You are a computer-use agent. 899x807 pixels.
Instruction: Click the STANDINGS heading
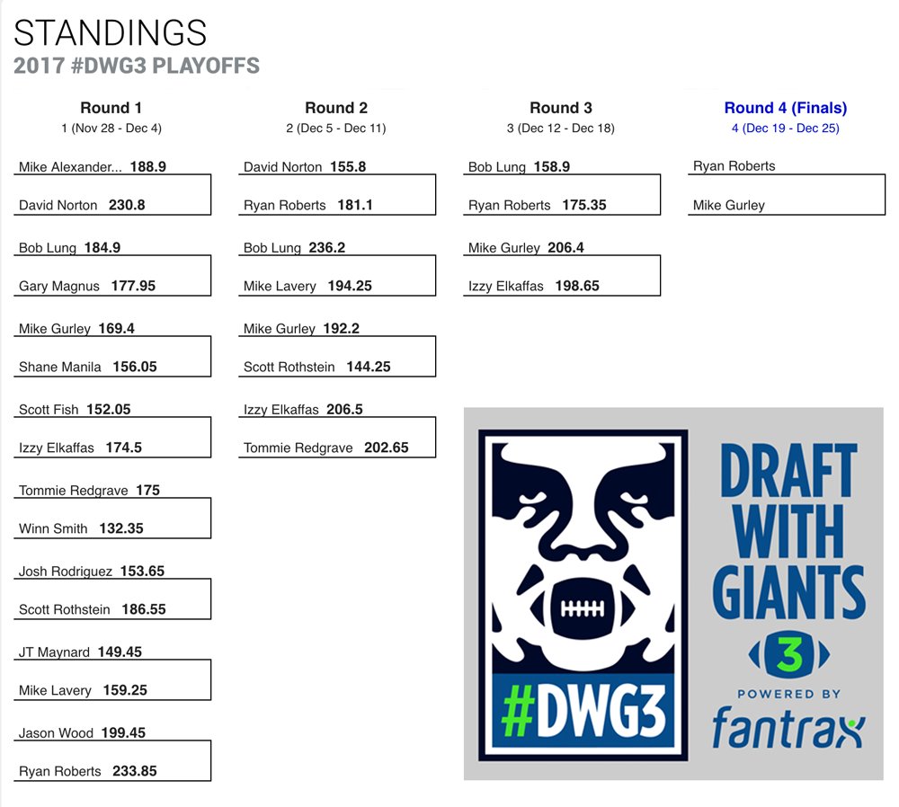coord(111,33)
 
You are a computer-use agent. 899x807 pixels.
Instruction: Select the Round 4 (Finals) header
coord(785,108)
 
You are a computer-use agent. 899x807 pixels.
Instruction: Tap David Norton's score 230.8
coord(128,205)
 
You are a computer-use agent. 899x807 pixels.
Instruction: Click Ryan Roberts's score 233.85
coord(136,771)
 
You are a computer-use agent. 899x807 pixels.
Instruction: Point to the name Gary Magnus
coord(60,286)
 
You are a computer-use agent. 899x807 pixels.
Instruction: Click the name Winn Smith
coord(53,528)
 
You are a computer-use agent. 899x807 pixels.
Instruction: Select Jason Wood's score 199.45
coord(124,732)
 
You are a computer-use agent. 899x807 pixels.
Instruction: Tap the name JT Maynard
coord(54,652)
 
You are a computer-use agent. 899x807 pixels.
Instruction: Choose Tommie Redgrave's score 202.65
coord(386,448)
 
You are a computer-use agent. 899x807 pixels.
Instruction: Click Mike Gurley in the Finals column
coord(728,205)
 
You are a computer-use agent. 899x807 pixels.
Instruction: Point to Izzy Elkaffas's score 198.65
coord(577,286)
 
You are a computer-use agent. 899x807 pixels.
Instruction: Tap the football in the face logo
coord(582,607)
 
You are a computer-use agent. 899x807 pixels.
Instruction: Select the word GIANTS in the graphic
coord(788,590)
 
